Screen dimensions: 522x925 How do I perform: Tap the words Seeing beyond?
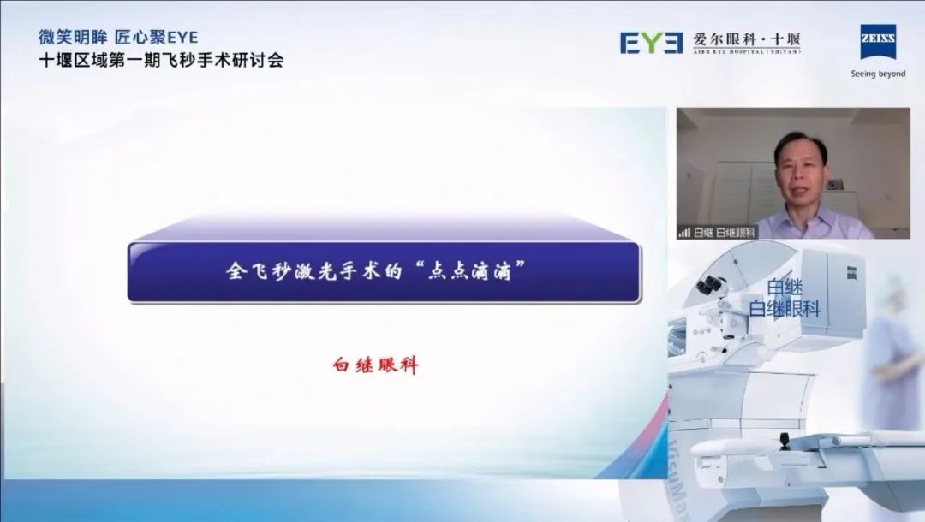coord(878,74)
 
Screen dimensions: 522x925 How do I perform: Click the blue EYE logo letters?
coord(652,42)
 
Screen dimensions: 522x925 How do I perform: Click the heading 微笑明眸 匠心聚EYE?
coord(118,38)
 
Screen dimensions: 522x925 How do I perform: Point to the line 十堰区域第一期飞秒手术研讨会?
coord(161,60)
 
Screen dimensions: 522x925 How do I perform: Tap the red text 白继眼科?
coord(375,365)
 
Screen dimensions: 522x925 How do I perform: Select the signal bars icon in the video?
coord(684,232)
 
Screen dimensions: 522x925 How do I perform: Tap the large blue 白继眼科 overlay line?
coord(784,309)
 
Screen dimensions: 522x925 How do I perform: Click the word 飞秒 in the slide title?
coord(270,271)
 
